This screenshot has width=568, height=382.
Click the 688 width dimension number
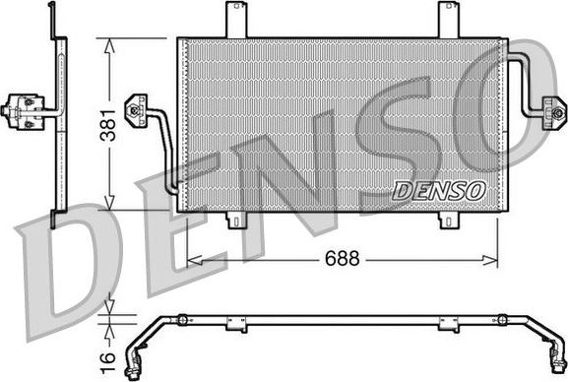[x=341, y=260]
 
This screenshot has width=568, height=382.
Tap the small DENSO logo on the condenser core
[x=438, y=189]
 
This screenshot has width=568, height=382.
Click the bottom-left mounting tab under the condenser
[x=236, y=219]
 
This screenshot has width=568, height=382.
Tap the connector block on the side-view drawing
[x=22, y=110]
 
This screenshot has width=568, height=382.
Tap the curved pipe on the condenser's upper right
[x=527, y=74]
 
